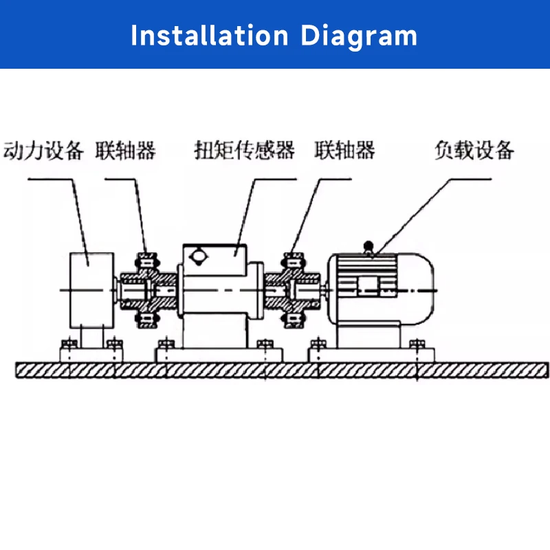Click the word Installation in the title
[x=210, y=36]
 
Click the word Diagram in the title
[x=359, y=37]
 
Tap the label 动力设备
[x=43, y=151]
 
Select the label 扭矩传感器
[x=245, y=151]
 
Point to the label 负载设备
[x=474, y=150]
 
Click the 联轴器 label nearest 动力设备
[x=126, y=151]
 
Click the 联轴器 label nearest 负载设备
[x=344, y=150]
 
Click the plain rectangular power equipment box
[x=92, y=290]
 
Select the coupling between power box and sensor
[x=148, y=290]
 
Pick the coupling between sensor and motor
[x=293, y=290]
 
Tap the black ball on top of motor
[x=368, y=245]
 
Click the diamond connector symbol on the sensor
[x=198, y=256]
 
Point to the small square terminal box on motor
[x=368, y=285]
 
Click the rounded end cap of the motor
[x=417, y=289]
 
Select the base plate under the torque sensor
[x=219, y=355]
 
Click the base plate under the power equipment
[x=91, y=355]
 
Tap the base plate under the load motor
[x=371, y=355]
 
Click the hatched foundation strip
[x=282, y=371]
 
